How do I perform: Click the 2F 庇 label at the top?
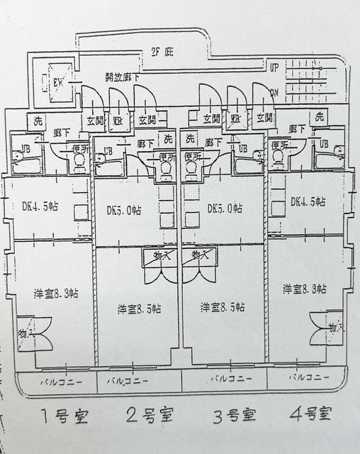click(x=162, y=52)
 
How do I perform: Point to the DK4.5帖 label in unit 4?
click(x=308, y=201)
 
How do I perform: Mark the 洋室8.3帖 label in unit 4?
click(x=304, y=289)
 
